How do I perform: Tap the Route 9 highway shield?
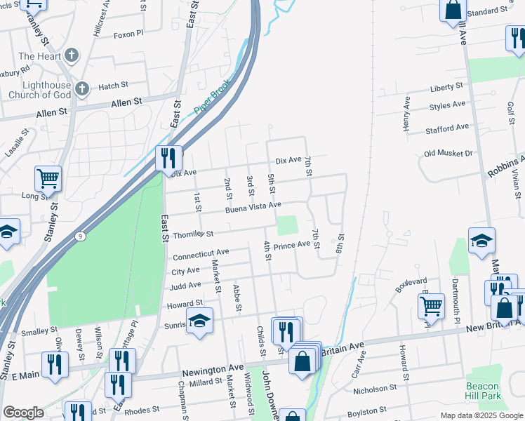tap(81, 236)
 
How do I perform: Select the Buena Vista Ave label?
tap(253, 207)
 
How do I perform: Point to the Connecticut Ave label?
tap(201, 253)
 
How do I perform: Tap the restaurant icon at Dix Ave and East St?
tap(168, 158)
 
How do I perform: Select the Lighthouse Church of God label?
tap(39, 90)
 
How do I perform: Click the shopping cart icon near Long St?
tap(48, 179)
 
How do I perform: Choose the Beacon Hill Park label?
tap(483, 392)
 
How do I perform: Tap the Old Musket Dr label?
tap(448, 153)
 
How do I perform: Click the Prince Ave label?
tap(291, 245)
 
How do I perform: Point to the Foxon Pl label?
tap(128, 34)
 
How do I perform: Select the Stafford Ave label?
tap(446, 128)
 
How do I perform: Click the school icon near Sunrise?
tap(200, 321)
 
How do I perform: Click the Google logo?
tap(23, 413)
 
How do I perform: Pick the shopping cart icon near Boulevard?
tap(431, 305)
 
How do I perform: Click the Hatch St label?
tap(113, 86)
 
